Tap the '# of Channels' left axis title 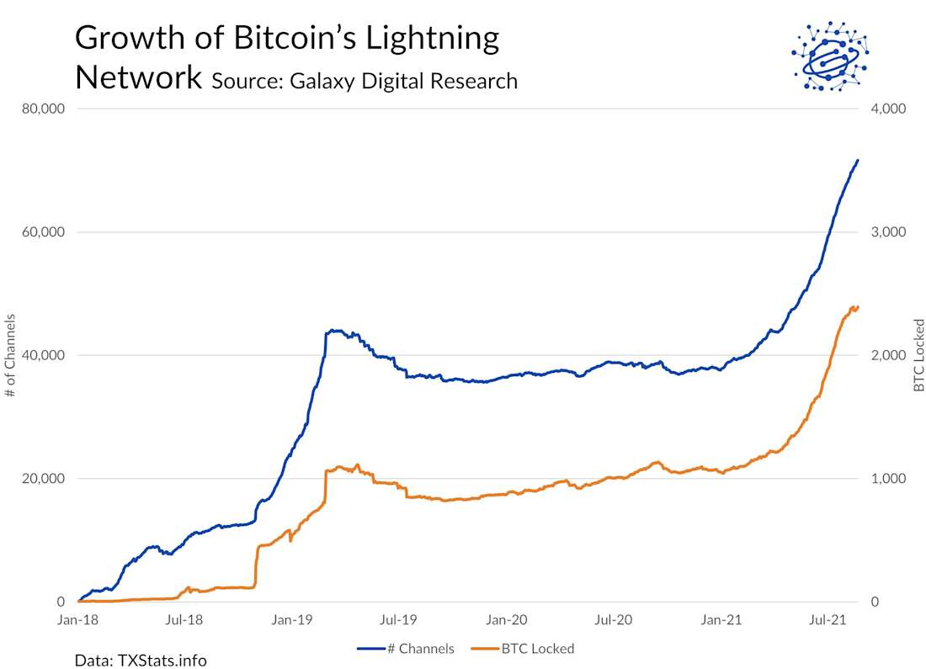tap(11, 355)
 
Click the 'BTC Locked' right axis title tap(918, 355)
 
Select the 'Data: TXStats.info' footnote tap(141, 660)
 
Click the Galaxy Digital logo tap(830, 56)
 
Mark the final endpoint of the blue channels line tap(858, 160)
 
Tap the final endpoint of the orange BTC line tap(858, 306)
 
